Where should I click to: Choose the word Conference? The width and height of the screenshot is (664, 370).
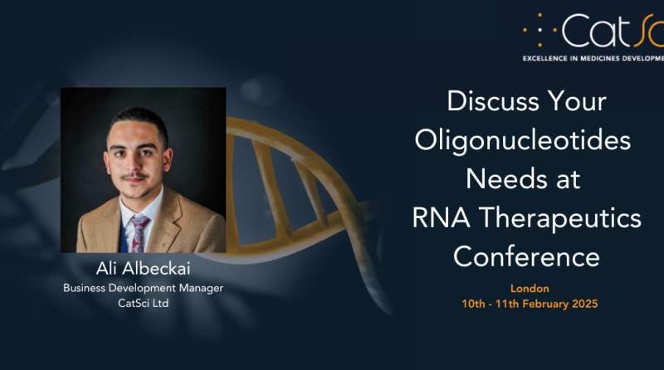[x=526, y=256]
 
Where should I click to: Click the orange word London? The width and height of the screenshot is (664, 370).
[x=529, y=289]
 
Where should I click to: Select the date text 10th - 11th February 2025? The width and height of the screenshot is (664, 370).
[x=529, y=304]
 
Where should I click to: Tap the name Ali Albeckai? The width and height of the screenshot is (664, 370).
[x=142, y=269]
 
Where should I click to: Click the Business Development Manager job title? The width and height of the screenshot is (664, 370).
[x=143, y=288]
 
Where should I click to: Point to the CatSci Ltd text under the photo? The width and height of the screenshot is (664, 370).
[x=143, y=303]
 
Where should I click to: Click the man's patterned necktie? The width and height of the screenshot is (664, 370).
[x=139, y=229]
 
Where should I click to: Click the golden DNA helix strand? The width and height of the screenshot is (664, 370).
[x=274, y=166]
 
